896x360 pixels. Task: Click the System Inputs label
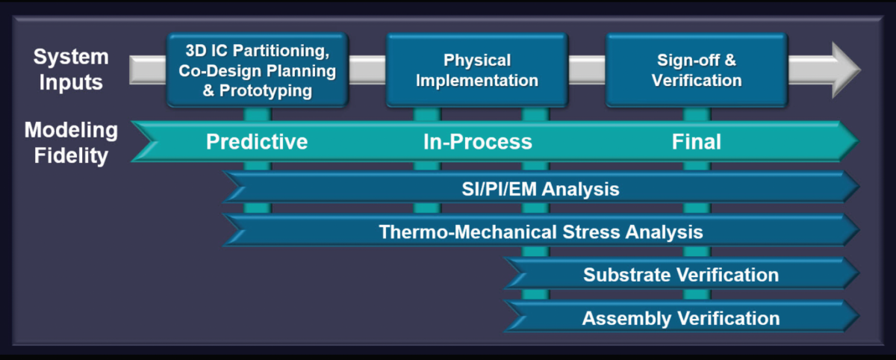click(71, 69)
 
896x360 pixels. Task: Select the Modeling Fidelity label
click(71, 143)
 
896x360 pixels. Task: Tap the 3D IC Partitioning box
click(257, 69)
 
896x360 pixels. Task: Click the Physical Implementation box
click(476, 69)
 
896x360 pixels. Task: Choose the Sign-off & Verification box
click(696, 69)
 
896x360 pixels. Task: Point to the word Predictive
click(257, 142)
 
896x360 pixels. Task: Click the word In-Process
click(477, 142)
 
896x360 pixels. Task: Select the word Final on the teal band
click(696, 142)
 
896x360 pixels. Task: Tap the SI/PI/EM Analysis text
click(540, 189)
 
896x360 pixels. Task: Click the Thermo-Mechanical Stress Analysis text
click(541, 232)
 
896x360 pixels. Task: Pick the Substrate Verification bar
click(681, 275)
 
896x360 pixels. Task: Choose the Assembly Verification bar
click(681, 318)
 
